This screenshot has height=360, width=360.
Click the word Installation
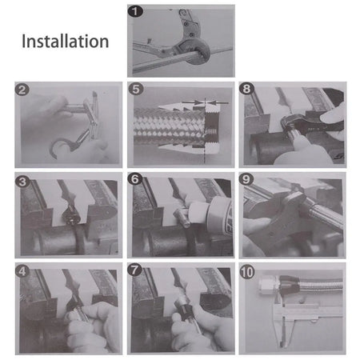[65, 42]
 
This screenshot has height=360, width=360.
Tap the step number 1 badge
[135, 11]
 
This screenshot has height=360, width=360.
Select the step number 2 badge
[22, 90]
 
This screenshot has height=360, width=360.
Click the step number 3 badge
[22, 182]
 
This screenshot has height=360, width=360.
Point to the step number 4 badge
[22, 271]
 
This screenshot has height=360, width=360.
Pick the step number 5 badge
[136, 89]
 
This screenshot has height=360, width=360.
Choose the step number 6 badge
[135, 179]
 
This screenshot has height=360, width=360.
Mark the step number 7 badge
[134, 270]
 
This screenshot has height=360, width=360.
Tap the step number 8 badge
[246, 89]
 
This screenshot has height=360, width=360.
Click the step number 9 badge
[246, 179]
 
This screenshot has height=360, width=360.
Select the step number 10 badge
[247, 272]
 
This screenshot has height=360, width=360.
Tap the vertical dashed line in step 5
[205, 130]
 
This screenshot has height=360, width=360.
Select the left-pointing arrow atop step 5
[217, 102]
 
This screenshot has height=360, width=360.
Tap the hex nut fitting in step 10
[269, 286]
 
